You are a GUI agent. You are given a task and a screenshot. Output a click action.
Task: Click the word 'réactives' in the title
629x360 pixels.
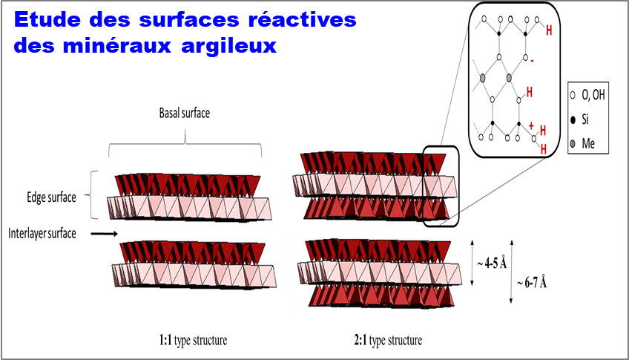[x=303, y=19]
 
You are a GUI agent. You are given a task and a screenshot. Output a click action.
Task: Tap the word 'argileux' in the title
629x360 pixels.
[x=228, y=46]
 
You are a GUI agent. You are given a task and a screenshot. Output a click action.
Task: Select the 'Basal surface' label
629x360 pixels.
[x=185, y=113]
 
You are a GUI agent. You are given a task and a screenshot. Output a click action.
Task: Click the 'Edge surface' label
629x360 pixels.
[x=51, y=197]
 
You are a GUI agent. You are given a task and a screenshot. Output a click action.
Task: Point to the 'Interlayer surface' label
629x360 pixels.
[x=42, y=234]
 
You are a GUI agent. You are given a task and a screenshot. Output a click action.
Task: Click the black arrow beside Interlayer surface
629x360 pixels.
[x=105, y=234]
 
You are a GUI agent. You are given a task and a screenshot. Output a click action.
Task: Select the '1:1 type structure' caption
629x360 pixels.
[x=193, y=341]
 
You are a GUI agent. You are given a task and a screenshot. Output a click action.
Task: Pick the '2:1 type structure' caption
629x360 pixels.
[x=388, y=341]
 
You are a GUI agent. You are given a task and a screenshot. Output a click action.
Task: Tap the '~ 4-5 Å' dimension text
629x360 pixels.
[x=492, y=264]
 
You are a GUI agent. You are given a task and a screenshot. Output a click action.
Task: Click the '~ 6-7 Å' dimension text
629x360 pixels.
[x=532, y=283]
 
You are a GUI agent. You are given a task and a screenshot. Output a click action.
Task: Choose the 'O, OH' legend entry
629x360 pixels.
[x=593, y=95]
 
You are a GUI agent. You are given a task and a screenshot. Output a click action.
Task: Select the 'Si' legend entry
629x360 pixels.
[x=585, y=120]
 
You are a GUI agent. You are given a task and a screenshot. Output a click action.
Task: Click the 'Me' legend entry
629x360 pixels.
[x=588, y=143]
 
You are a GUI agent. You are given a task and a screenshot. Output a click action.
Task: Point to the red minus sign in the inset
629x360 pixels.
[x=532, y=61]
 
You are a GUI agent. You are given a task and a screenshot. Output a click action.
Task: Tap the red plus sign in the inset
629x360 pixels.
[x=531, y=126]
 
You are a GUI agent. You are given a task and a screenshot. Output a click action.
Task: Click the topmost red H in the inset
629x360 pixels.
[x=549, y=30]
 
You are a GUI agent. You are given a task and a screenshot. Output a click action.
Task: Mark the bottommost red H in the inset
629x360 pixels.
[x=544, y=149]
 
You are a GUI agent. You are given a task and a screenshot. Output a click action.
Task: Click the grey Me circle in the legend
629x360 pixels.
[x=573, y=143]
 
